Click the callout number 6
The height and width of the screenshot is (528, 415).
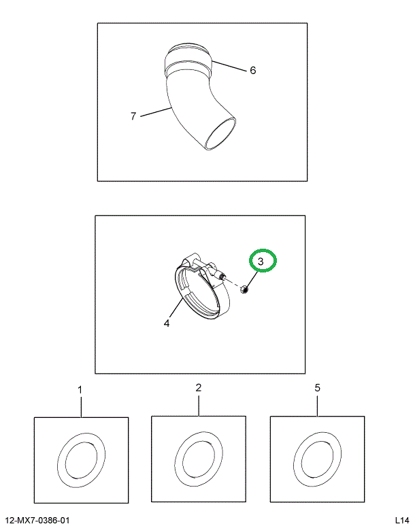coord(252,70)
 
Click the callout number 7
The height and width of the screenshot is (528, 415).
coord(133,116)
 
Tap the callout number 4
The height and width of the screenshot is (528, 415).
coord(166,323)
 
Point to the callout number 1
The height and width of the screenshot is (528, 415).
coord(80,390)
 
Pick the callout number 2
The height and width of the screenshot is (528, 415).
coord(198,387)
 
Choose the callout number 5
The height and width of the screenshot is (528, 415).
coord(317,388)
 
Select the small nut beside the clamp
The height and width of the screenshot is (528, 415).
coord(245,290)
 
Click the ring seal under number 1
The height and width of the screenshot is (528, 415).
coord(81,459)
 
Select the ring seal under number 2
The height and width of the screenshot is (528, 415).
coord(198,459)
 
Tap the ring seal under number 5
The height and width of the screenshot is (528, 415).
coord(317,459)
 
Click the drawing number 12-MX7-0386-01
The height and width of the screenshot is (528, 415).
coord(37,521)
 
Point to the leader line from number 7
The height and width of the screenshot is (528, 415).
coord(155,112)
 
